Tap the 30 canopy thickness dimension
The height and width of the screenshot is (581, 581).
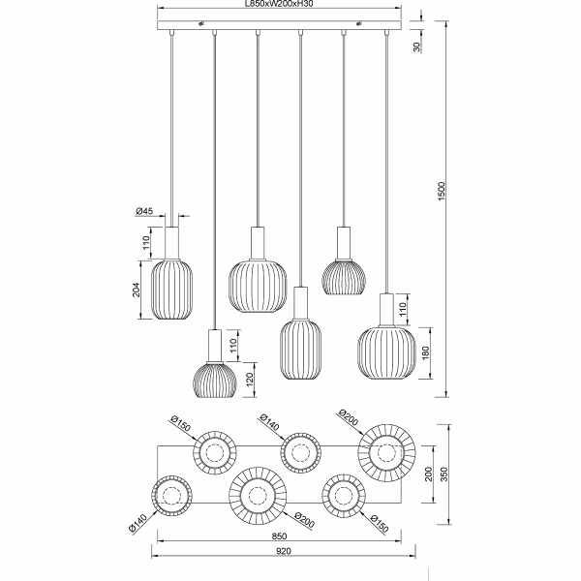[417, 46]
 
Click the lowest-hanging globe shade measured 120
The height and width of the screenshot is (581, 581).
[214, 378]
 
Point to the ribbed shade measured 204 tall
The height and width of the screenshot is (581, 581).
[172, 288]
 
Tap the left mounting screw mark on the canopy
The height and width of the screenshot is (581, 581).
[199, 23]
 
